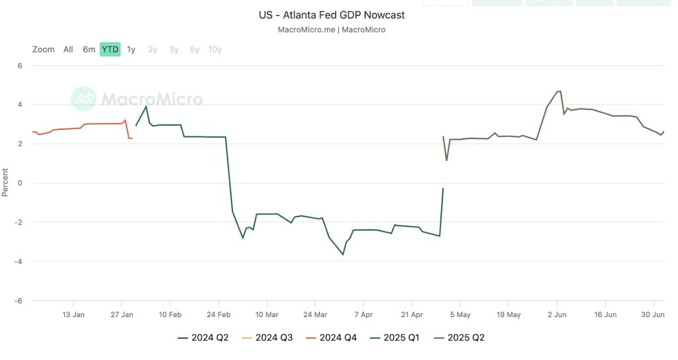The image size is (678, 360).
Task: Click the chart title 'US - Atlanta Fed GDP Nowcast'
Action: click(332, 15)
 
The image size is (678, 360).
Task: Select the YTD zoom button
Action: click(110, 49)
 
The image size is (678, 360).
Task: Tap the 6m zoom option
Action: click(89, 49)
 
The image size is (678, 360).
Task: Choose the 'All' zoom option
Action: click(68, 49)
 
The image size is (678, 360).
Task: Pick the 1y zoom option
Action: click(131, 50)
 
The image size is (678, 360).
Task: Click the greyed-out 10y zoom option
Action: click(215, 50)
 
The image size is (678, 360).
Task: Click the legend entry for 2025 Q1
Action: click(395, 337)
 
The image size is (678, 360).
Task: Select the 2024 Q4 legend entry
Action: click(331, 337)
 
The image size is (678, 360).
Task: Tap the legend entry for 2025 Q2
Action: click(460, 337)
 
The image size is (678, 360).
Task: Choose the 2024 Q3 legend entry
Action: click(267, 337)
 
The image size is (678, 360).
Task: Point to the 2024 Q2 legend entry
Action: click(203, 337)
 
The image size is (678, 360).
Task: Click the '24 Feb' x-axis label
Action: click(218, 314)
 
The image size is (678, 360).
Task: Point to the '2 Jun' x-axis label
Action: click(557, 314)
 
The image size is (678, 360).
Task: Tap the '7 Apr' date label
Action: click(363, 314)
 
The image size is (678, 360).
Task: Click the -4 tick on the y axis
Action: click(18, 261)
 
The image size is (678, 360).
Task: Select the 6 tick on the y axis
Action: click(20, 66)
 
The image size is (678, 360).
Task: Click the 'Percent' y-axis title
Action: click(5, 183)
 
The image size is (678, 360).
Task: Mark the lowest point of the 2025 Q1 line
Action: click(344, 255)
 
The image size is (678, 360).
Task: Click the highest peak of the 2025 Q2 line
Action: click(558, 91)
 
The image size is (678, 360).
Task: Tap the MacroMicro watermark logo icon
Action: click(83, 99)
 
